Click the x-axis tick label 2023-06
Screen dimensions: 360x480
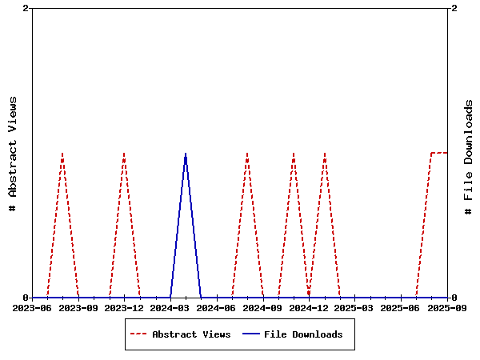click(33, 307)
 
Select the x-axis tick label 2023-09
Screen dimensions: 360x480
click(78, 307)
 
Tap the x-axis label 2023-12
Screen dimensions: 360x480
click(125, 307)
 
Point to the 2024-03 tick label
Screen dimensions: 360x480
click(170, 307)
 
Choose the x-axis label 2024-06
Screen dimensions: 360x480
click(217, 307)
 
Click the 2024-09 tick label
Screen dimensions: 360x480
click(263, 307)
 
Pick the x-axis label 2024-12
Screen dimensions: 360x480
click(309, 307)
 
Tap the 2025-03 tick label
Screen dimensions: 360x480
click(355, 307)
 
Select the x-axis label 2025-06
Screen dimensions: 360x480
click(401, 307)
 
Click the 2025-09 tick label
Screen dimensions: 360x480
click(447, 307)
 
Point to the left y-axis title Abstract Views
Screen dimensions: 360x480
click(12, 154)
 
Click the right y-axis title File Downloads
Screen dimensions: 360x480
click(469, 157)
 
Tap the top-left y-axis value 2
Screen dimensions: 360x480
click(26, 8)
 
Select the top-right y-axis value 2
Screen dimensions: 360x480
click(454, 8)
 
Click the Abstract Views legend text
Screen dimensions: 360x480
click(191, 334)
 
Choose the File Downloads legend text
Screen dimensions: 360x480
click(303, 334)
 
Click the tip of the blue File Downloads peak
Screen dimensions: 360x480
click(186, 153)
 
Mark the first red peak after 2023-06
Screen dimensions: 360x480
click(62, 153)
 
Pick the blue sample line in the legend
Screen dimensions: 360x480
click(250, 334)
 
